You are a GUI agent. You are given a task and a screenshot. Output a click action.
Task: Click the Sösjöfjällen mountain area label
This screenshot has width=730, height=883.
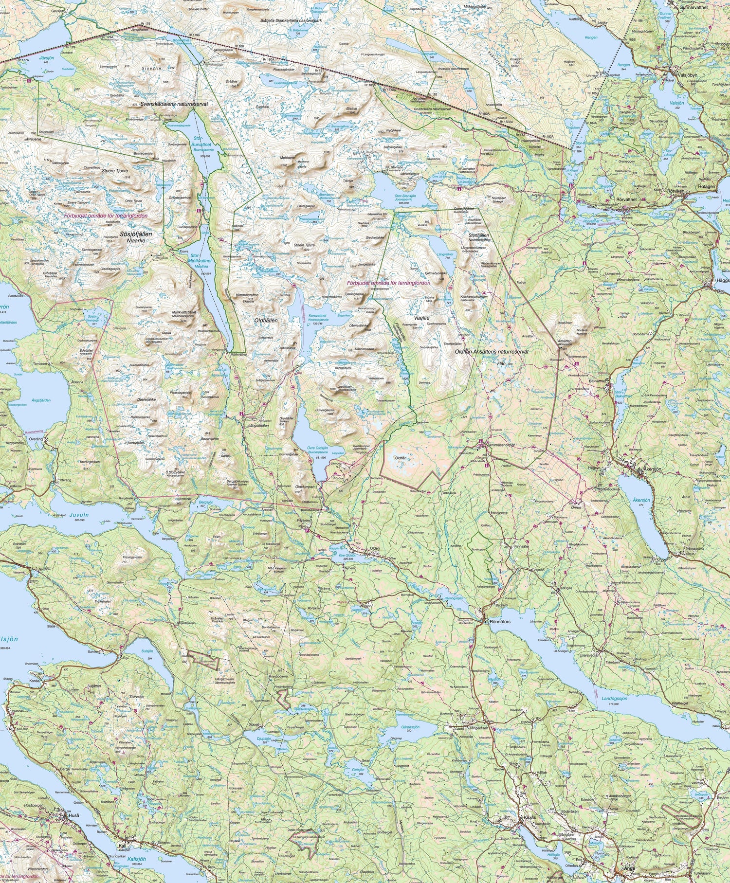pos(129,234)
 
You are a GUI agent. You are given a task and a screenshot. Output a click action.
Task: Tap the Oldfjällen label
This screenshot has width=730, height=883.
pos(265,321)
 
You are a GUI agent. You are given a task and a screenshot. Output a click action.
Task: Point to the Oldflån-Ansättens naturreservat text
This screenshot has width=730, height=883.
pos(492,351)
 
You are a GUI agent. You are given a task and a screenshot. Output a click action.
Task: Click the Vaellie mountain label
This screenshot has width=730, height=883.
pos(420,317)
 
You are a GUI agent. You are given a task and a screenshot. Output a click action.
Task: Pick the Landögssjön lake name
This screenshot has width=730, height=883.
pos(614,698)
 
